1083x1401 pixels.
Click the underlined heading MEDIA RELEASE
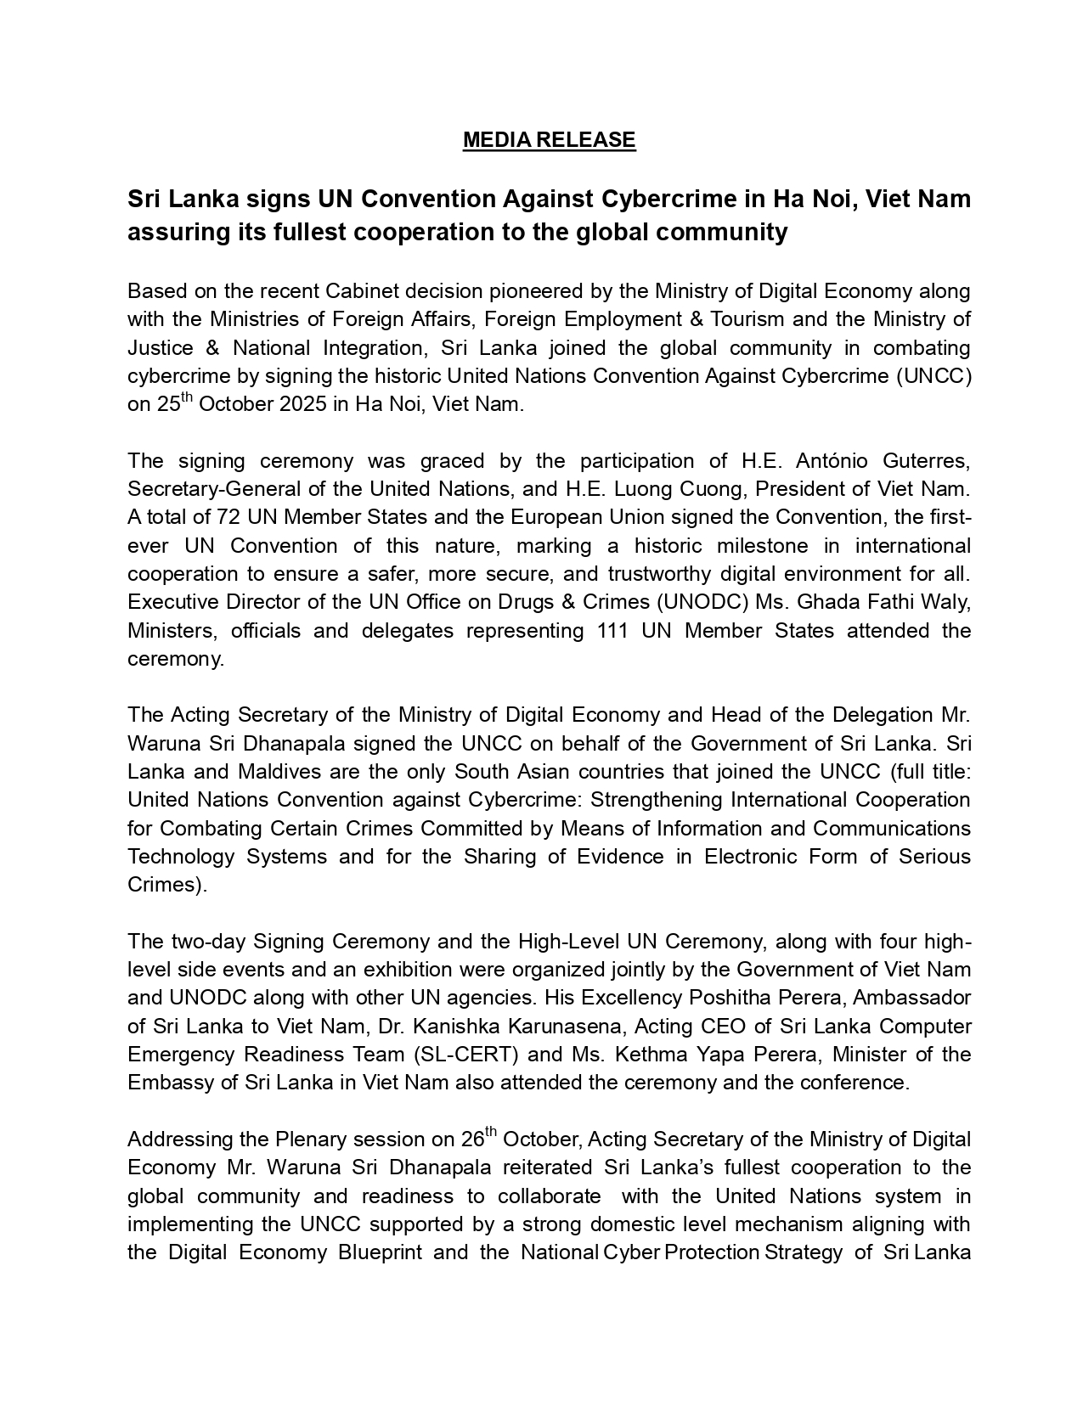coord(549,140)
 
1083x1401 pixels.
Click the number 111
coord(614,631)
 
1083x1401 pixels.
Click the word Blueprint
coord(380,1252)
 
